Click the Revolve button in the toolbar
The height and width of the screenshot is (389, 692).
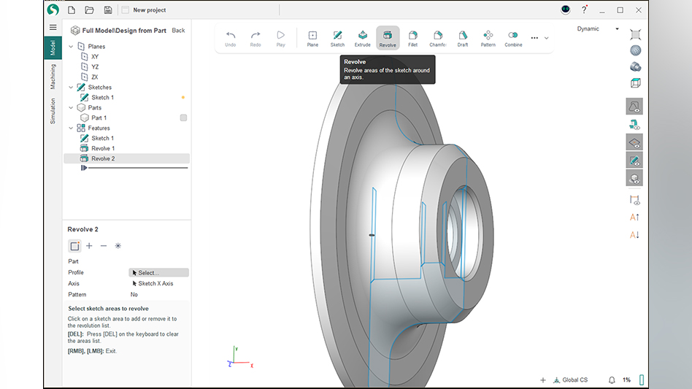pos(388,38)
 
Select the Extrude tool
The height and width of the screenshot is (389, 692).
pos(362,38)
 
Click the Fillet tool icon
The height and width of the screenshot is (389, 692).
pos(413,38)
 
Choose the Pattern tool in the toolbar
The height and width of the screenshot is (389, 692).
pos(488,38)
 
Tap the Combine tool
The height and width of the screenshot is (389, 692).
pos(513,38)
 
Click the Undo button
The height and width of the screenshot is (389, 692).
pos(231,38)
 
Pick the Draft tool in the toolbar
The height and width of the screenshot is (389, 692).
pos(463,38)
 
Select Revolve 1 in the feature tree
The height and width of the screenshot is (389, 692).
pos(103,148)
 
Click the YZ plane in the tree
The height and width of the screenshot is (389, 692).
pos(95,66)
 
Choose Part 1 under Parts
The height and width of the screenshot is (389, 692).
pos(99,118)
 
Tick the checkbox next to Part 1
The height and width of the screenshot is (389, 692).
pos(183,118)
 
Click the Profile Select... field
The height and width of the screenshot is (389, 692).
pos(158,272)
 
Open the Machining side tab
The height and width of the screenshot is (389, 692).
pos(53,77)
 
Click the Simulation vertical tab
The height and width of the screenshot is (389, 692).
pos(53,111)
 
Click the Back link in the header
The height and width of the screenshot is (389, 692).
pos(178,31)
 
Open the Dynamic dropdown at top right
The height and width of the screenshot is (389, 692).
pos(597,29)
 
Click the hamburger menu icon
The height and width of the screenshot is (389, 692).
pos(53,27)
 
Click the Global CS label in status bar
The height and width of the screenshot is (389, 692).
pos(574,380)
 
